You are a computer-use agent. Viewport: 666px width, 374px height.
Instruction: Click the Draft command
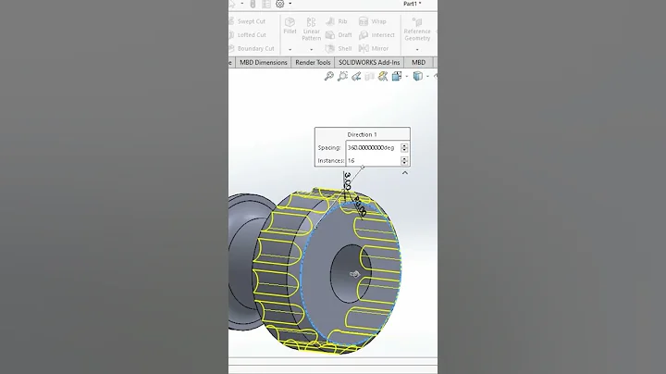click(339, 35)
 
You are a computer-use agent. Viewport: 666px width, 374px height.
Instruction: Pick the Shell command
click(339, 48)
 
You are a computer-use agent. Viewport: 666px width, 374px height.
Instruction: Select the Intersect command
click(376, 35)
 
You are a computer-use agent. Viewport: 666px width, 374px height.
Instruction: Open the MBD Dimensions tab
click(264, 63)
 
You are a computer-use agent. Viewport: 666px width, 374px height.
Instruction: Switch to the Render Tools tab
click(313, 63)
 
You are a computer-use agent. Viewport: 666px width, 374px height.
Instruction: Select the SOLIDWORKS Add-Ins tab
click(370, 63)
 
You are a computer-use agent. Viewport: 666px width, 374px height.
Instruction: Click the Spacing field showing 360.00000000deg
click(372, 148)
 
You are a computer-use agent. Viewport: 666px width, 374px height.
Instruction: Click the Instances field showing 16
click(372, 161)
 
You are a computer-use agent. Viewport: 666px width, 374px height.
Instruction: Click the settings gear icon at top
click(280, 4)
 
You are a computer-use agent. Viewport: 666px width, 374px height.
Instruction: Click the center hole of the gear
click(352, 272)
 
